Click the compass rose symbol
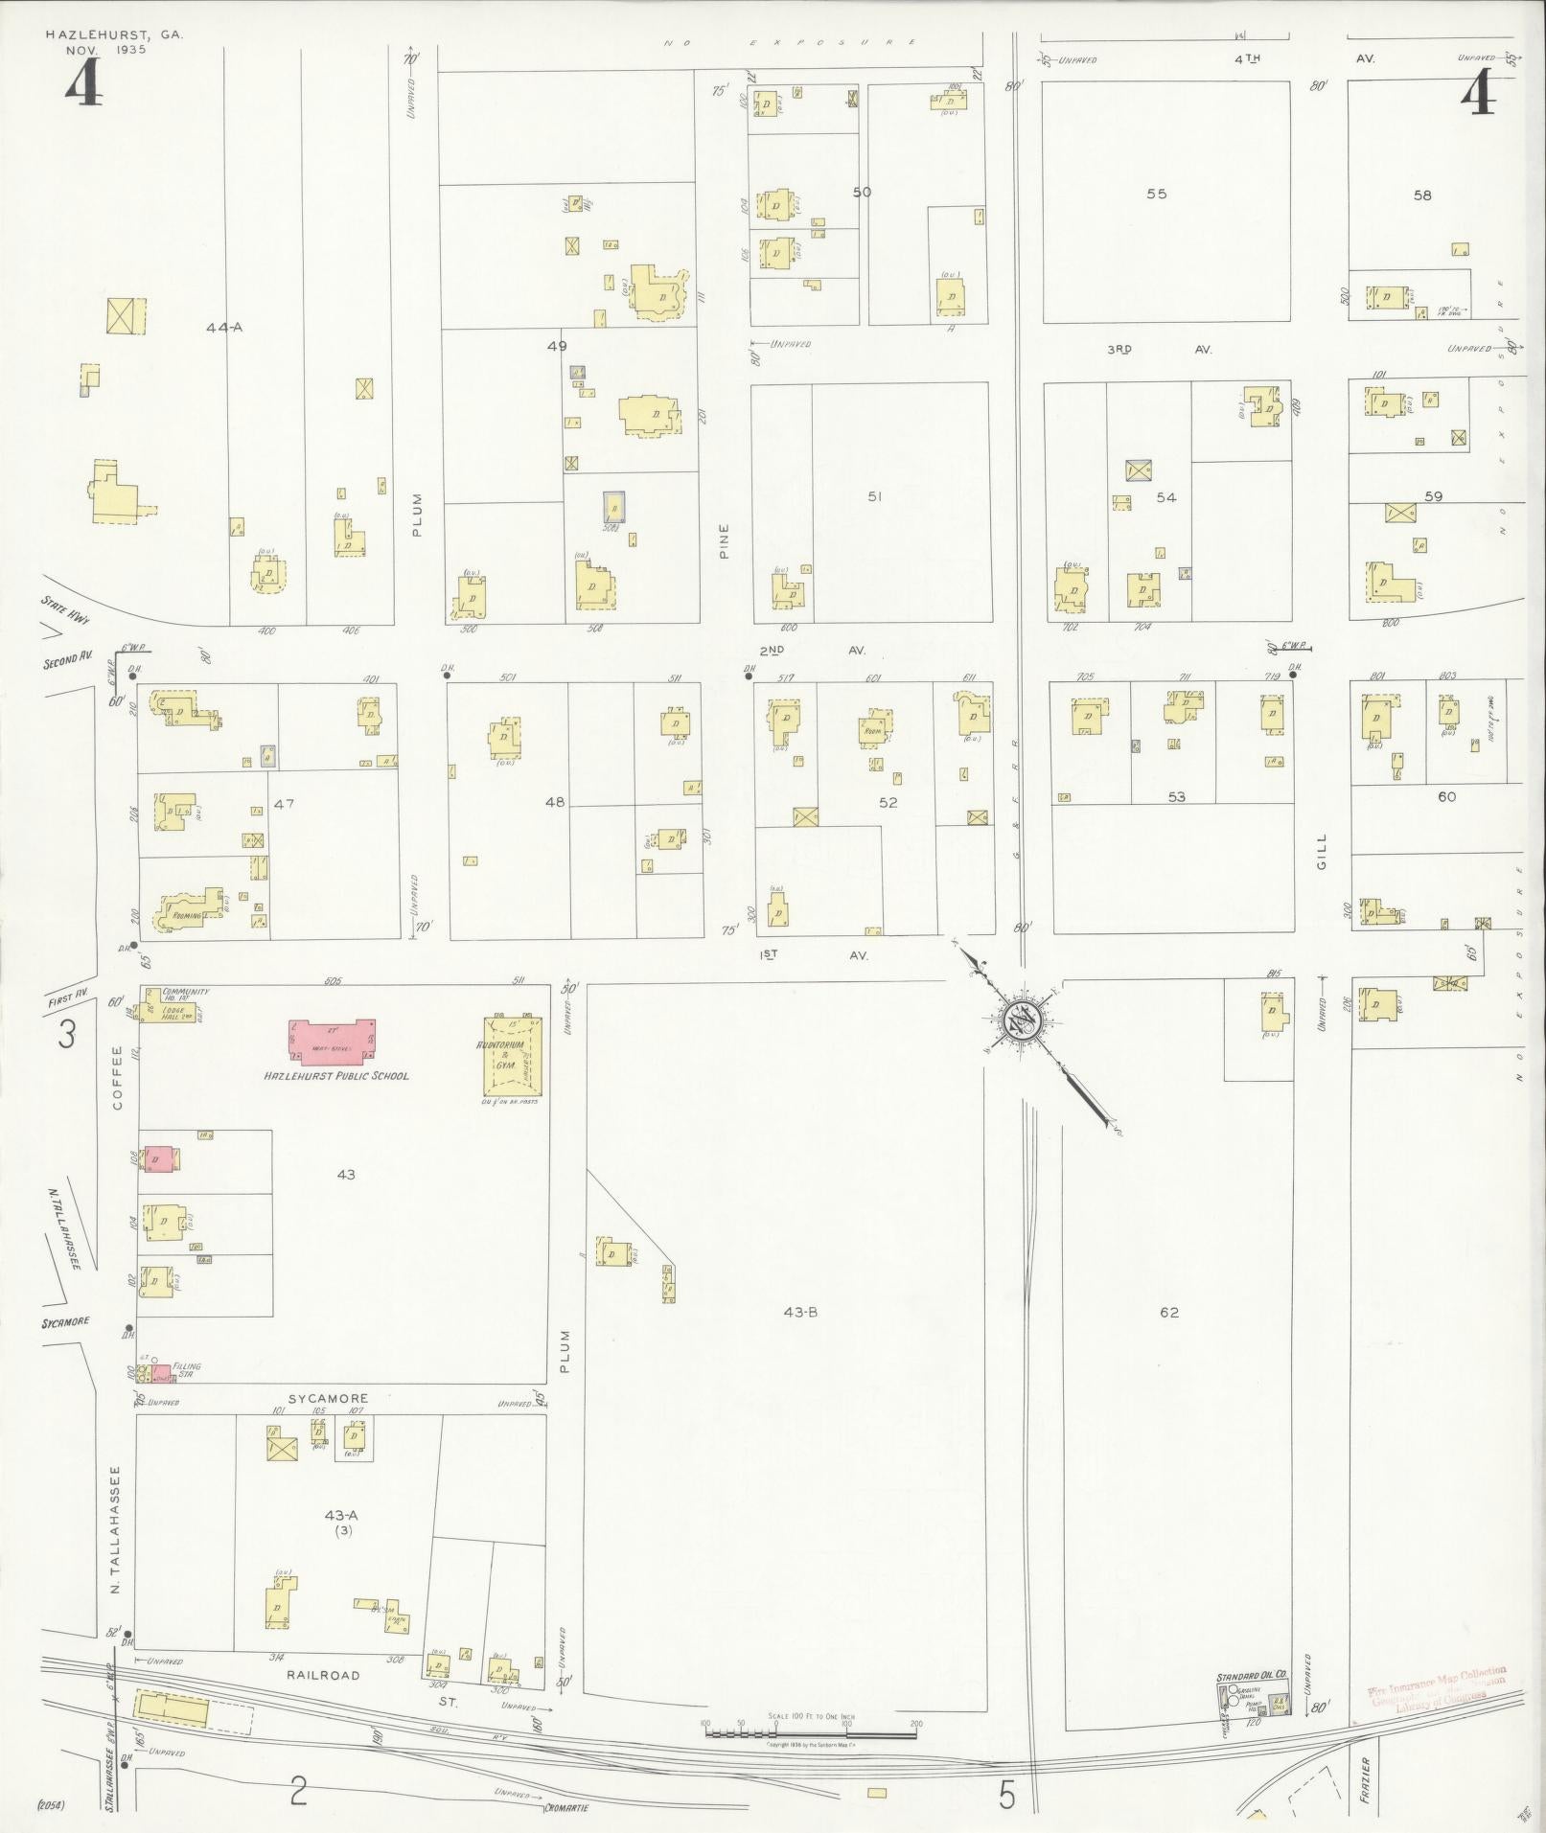[1020, 1020]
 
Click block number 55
[1157, 194]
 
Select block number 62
[1168, 1312]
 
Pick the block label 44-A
[224, 328]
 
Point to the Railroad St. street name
[323, 1675]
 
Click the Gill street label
[1323, 851]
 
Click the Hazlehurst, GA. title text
[114, 34]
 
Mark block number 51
[874, 496]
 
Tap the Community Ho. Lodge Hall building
[171, 1008]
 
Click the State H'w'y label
[66, 609]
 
